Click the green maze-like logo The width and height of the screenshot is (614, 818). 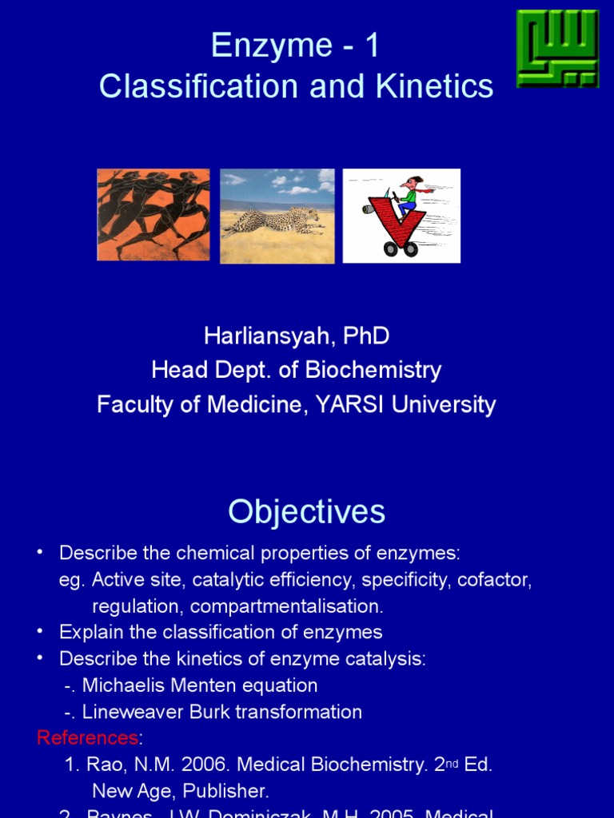557,48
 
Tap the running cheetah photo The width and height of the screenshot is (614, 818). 277,216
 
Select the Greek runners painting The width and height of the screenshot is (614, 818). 153,214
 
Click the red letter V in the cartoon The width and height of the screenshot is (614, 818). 397,220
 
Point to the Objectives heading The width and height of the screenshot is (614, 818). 307,511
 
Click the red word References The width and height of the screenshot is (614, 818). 87,737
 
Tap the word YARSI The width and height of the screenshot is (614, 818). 349,404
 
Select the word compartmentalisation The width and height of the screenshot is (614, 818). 286,606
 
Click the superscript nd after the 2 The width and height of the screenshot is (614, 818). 453,762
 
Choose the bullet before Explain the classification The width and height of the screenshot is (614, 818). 40,632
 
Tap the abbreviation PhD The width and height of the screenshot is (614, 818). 366,336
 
